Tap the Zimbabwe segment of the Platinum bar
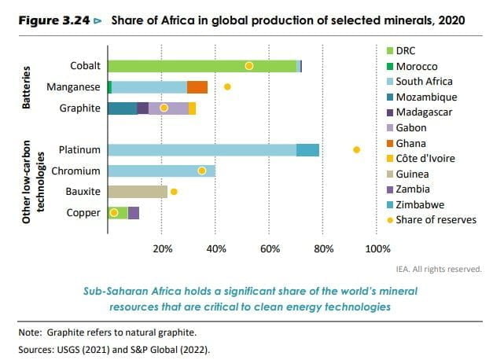pos(307,149)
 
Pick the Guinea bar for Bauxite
pos(137,191)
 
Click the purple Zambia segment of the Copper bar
pos(133,212)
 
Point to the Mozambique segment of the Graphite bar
pos(122,108)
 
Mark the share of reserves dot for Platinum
pos(356,149)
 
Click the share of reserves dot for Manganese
pos(227,86)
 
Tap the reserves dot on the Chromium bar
pos(202,171)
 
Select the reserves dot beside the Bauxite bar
pos(174,191)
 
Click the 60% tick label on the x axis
pos(270,249)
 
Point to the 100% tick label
pos(378,249)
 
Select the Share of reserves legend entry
pos(436,219)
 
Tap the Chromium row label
pos(75,171)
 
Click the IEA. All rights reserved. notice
pos(443,269)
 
